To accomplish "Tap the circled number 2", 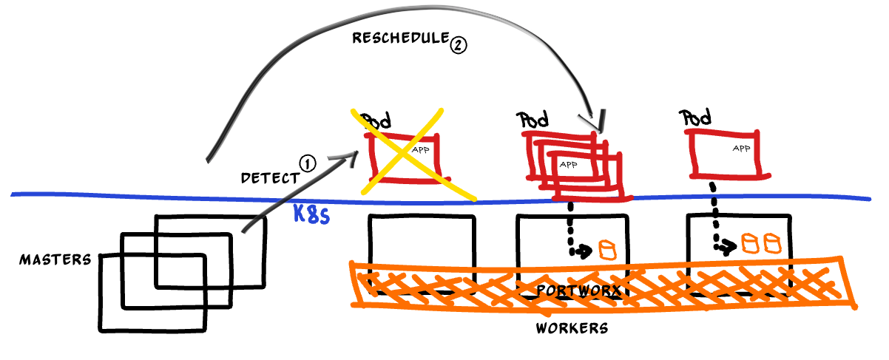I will (458, 45).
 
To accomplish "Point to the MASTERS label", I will (55, 259).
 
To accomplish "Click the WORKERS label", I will (571, 327).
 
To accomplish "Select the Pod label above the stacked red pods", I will (535, 119).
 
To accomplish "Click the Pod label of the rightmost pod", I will (694, 117).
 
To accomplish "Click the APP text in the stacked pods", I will (568, 164).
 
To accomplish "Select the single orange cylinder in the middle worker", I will (608, 249).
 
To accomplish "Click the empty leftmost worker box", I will (421, 244).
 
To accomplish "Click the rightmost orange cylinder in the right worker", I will (773, 242).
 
